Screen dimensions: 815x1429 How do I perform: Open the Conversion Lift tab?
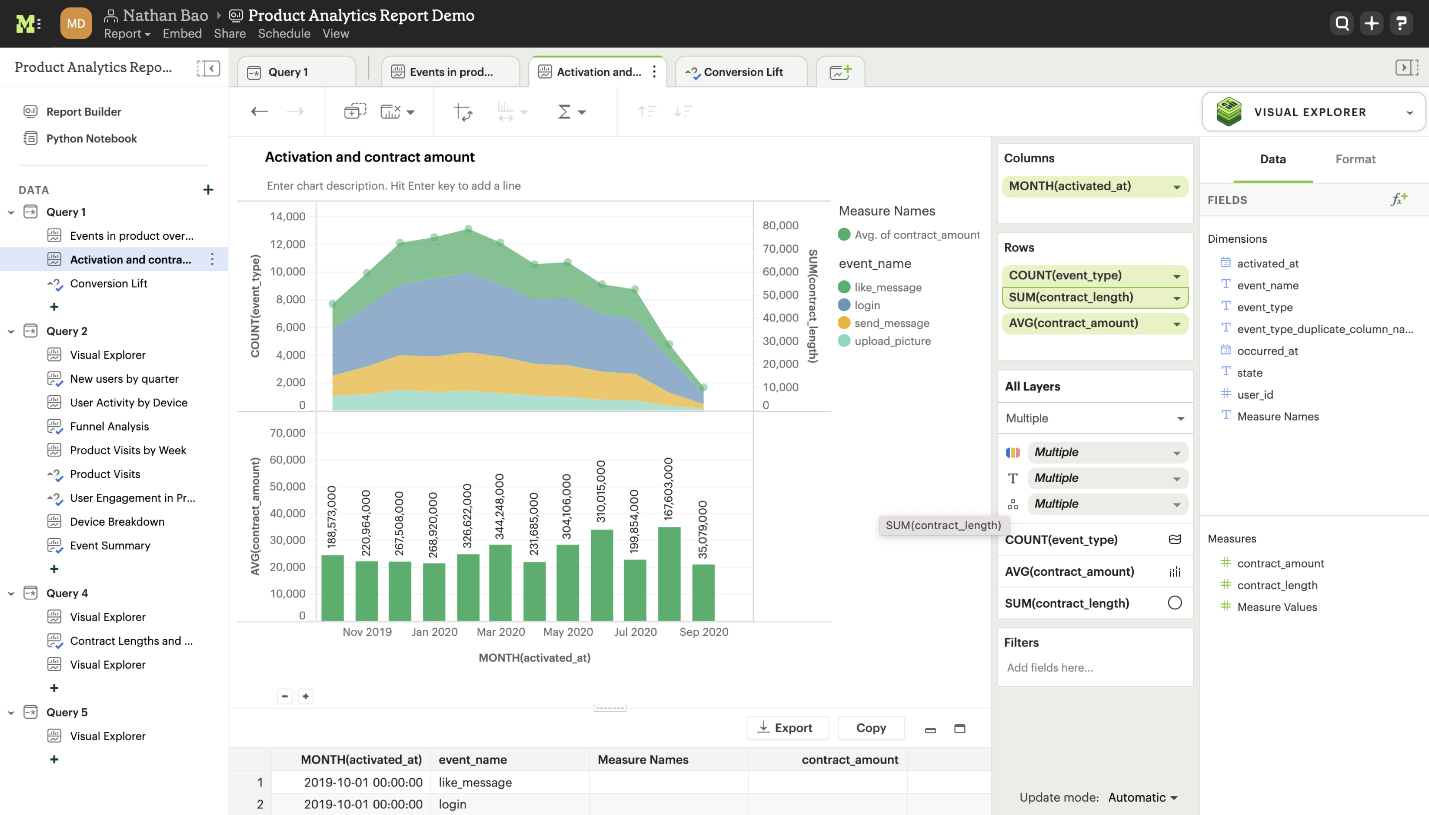tap(742, 72)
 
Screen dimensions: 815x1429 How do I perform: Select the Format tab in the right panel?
tap(1355, 159)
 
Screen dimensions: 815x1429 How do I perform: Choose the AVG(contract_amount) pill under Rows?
tap(1094, 323)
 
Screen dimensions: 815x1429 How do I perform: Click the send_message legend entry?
tap(891, 323)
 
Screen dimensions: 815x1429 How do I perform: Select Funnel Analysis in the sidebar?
tap(109, 427)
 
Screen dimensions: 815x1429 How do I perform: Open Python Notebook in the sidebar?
tap(91, 139)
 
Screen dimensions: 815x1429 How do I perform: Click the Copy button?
tap(871, 728)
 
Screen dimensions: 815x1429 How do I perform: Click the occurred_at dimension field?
tap(1267, 351)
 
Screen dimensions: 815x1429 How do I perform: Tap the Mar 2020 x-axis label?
tap(500, 632)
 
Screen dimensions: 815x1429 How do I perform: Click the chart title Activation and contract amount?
tap(370, 157)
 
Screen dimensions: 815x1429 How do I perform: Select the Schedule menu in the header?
tap(284, 34)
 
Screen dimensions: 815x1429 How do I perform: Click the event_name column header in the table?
tap(472, 760)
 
